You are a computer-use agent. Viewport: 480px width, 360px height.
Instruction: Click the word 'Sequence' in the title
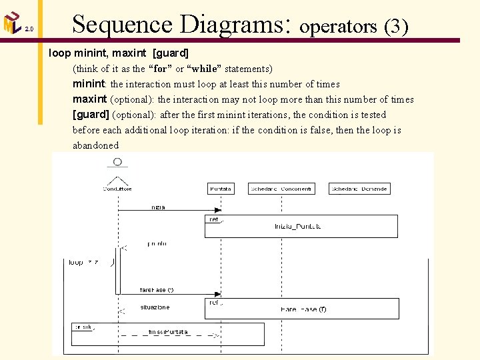[122, 25]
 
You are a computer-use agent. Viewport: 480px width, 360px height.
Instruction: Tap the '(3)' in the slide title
[395, 26]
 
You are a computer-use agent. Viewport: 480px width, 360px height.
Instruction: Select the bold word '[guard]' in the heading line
[171, 52]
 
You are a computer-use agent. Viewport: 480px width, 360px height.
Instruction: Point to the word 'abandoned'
[95, 145]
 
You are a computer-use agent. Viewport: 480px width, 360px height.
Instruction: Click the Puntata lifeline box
[221, 189]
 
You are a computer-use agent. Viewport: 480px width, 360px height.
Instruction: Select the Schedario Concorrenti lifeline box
[281, 189]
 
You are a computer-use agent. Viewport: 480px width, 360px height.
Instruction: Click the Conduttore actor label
[117, 189]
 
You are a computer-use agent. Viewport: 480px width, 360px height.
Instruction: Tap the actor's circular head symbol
[117, 162]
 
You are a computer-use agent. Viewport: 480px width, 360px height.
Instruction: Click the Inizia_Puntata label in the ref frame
[297, 227]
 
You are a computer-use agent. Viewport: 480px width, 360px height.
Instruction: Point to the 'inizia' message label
[157, 207]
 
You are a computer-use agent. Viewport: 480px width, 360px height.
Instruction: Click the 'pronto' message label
[157, 244]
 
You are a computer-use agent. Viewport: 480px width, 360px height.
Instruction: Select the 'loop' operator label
[76, 263]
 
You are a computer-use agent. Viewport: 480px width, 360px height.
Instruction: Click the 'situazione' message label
[155, 307]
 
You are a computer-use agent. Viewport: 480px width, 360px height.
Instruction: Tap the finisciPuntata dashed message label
[168, 331]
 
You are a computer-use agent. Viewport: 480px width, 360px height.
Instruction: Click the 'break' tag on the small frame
[83, 327]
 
